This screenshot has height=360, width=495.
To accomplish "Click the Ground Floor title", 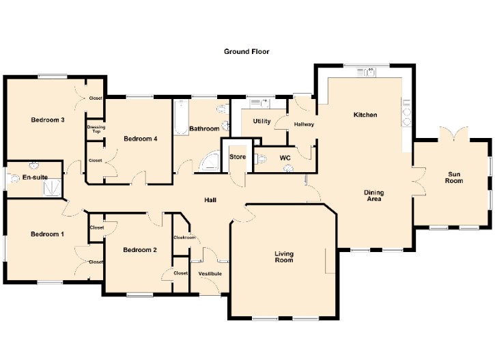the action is [x=246, y=51].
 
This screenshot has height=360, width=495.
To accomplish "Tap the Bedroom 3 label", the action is [x=48, y=120].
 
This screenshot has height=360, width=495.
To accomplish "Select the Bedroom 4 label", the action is [x=141, y=139].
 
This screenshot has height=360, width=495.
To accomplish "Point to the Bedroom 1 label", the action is [x=47, y=234].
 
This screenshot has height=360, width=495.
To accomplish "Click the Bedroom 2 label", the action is [x=140, y=250].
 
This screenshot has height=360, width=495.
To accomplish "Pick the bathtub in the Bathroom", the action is [x=181, y=117].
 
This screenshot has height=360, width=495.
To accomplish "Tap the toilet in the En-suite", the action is [x=14, y=179].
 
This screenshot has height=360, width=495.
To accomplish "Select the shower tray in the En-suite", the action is [x=51, y=188].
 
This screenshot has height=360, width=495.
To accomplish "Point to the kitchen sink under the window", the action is [x=367, y=72].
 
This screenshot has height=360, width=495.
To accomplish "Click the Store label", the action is [x=238, y=157].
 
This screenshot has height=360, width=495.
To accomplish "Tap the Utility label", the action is [x=262, y=122].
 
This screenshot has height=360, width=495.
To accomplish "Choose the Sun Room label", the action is [x=454, y=178].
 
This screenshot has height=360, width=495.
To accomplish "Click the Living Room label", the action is [x=284, y=257].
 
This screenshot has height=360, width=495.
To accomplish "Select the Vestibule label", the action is [x=210, y=273].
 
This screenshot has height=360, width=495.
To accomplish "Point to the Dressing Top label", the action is [x=96, y=129].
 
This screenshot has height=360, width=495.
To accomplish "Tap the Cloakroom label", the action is [x=184, y=238].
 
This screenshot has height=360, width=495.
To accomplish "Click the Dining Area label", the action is [x=373, y=195].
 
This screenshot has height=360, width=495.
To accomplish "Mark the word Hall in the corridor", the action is [x=210, y=200].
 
